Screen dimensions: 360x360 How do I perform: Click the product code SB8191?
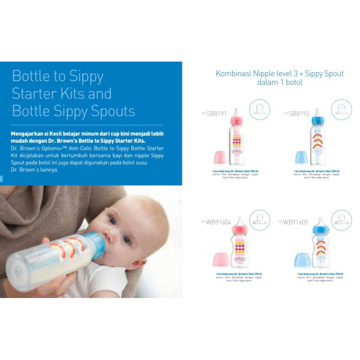(x=216, y=114)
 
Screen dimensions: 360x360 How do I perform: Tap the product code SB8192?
(x=298, y=114)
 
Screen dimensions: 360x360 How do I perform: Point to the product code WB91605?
(x=296, y=222)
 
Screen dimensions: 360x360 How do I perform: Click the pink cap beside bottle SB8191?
(x=220, y=158)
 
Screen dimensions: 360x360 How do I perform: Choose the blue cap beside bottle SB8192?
(x=302, y=158)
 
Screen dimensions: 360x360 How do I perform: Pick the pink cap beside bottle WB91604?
(x=221, y=260)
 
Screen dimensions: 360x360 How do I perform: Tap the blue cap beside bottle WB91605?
(x=302, y=260)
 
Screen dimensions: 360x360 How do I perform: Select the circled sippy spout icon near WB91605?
(x=342, y=220)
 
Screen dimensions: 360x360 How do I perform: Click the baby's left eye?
(x=127, y=240)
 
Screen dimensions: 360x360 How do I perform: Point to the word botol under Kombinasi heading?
(x=293, y=82)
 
